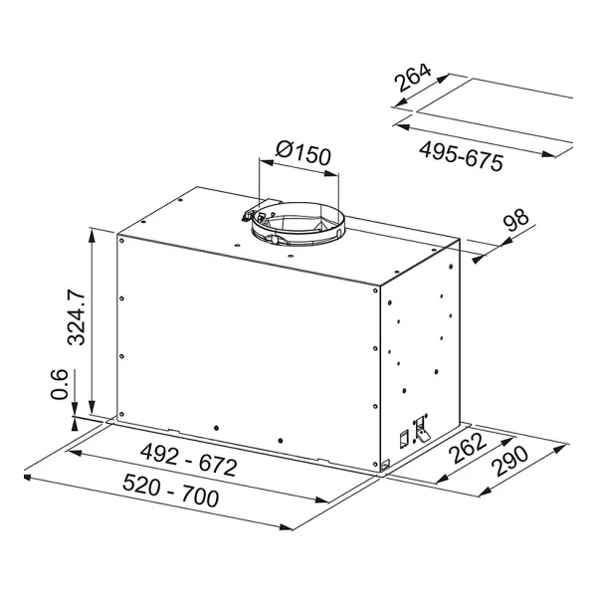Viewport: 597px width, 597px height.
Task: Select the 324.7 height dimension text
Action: pyautogui.click(x=77, y=317)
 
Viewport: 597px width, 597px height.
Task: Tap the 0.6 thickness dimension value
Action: pyautogui.click(x=60, y=384)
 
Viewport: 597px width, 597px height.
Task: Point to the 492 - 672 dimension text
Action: pyautogui.click(x=189, y=461)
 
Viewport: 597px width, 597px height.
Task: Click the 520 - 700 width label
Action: pyautogui.click(x=171, y=492)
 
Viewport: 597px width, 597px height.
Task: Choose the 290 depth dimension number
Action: pyautogui.click(x=509, y=461)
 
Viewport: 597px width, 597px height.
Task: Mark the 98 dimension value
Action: pyautogui.click(x=515, y=220)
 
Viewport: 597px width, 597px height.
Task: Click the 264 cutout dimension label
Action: pyautogui.click(x=413, y=78)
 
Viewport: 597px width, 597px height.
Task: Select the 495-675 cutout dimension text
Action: pyautogui.click(x=461, y=156)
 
